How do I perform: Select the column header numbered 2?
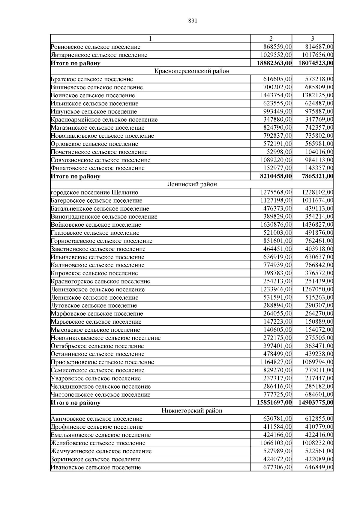tap(271, 39)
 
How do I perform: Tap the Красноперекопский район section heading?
tap(192, 71)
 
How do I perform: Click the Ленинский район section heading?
tap(192, 184)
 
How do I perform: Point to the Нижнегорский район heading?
tap(192, 410)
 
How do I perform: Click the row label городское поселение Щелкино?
tap(94, 192)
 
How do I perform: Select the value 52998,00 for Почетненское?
tap(279, 152)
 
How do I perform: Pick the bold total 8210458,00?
tap(276, 176)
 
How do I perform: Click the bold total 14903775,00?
tap(316, 403)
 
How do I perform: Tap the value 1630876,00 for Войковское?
tap(276, 225)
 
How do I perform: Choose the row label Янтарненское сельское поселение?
tap(99, 55)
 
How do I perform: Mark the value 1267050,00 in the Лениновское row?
tap(317, 289)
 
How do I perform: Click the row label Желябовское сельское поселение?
tap(98, 443)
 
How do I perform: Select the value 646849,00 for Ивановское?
tap(319, 467)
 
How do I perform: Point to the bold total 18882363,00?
tap(274, 63)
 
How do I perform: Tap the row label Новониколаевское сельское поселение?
tap(106, 338)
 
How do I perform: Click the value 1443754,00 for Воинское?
tap(276, 95)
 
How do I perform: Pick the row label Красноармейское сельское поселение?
tap(104, 120)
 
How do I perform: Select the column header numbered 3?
tap(313, 39)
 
